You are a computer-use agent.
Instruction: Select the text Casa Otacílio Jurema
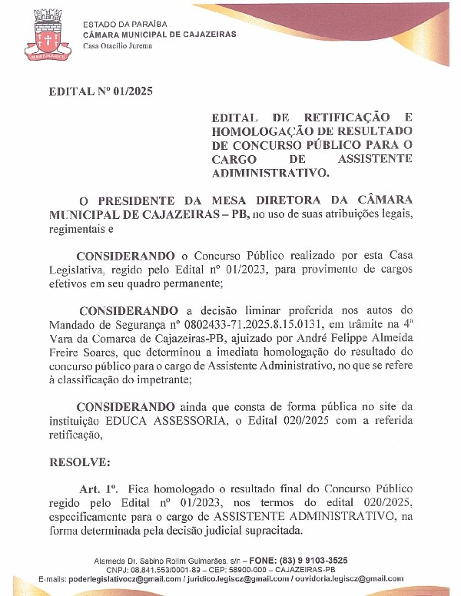point(118,46)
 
